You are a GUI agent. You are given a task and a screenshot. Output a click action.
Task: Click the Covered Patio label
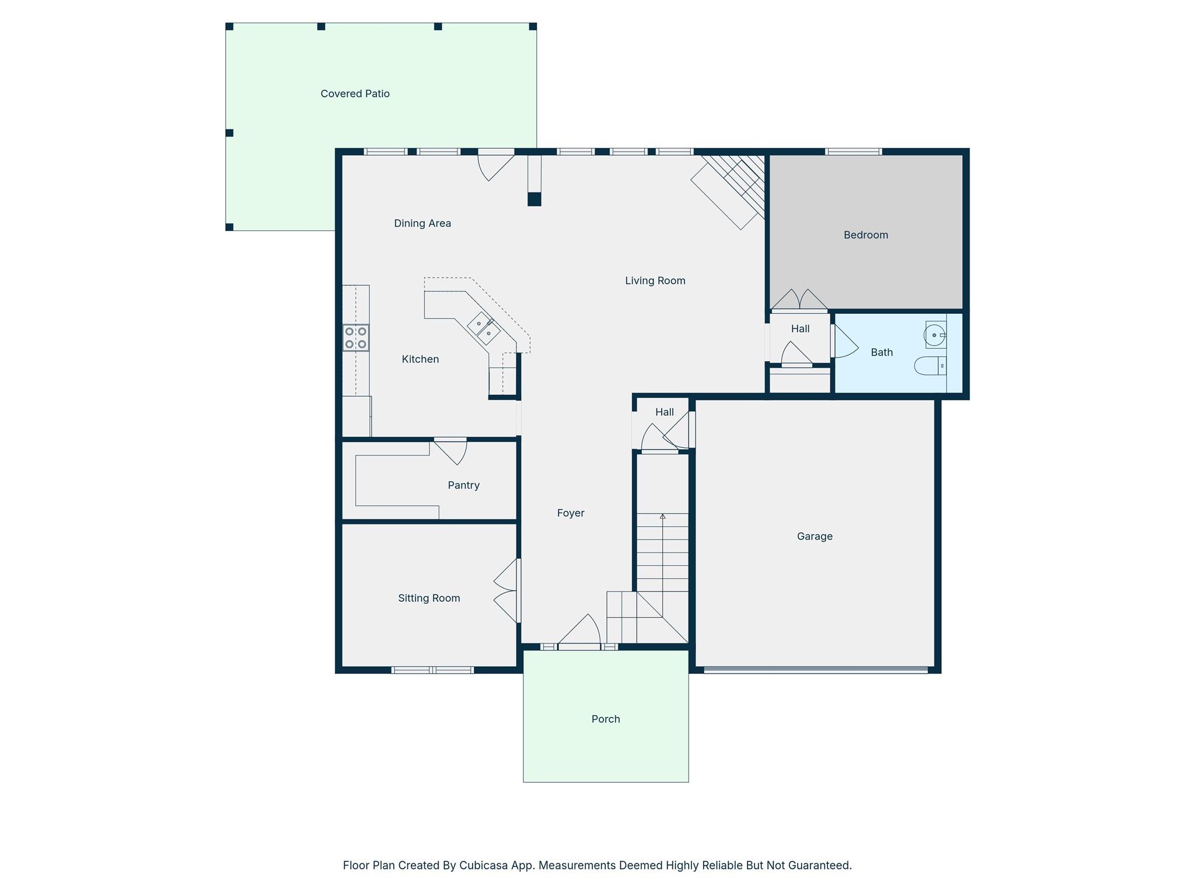point(355,94)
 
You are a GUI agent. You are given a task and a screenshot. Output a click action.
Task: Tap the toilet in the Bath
point(929,366)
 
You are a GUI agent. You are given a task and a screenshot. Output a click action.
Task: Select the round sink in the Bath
point(934,335)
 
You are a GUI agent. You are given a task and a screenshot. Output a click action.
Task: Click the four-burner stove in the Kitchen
point(355,338)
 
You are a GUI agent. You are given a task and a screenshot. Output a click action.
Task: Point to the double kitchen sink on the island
point(484,328)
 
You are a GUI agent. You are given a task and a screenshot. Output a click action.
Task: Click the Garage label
point(815,536)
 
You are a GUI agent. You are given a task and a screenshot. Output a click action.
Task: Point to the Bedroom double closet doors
point(799,300)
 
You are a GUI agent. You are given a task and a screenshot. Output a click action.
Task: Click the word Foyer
point(570,513)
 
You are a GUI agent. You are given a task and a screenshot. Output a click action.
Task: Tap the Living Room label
point(655,281)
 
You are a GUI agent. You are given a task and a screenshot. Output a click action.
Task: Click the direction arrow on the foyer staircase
point(662,517)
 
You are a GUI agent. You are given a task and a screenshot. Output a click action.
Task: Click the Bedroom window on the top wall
point(853,152)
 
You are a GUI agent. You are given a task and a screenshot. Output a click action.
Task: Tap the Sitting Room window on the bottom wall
point(432,670)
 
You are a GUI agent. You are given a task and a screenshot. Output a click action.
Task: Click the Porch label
point(605,719)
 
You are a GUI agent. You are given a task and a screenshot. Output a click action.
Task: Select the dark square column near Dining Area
point(534,199)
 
